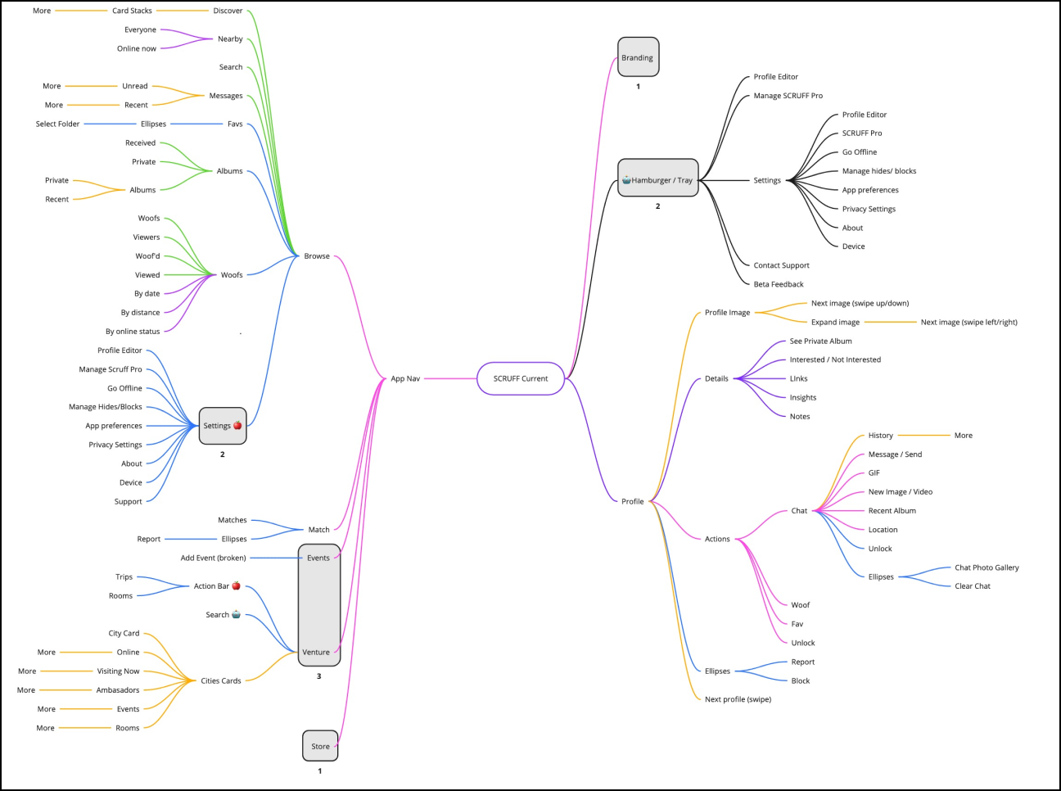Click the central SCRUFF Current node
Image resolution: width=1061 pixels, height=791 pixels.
point(521,378)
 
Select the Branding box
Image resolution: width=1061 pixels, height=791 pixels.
point(638,57)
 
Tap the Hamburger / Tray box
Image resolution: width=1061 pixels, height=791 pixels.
point(658,179)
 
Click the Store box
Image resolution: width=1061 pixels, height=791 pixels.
point(320,746)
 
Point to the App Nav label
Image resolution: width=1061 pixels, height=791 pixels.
point(405,378)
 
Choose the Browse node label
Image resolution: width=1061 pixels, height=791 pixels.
point(317,255)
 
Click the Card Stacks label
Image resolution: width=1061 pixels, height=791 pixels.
point(132,11)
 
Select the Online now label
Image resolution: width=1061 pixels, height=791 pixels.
point(137,48)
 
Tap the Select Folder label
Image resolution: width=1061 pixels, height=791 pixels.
point(57,124)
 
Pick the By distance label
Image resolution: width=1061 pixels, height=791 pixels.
point(140,312)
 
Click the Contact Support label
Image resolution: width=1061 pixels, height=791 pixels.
point(781,265)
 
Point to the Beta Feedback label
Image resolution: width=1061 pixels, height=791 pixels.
point(779,284)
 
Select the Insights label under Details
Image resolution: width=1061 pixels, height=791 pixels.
point(802,397)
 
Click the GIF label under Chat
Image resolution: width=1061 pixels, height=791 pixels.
point(874,472)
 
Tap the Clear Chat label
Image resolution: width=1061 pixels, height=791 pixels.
point(973,585)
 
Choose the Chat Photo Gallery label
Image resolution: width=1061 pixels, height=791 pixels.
point(987,567)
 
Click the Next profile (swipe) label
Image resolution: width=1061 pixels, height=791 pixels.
point(738,699)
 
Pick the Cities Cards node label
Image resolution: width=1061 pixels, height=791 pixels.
point(221,680)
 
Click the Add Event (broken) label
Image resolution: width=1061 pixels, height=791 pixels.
point(213,558)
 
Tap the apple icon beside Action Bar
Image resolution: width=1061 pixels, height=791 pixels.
point(237,585)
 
